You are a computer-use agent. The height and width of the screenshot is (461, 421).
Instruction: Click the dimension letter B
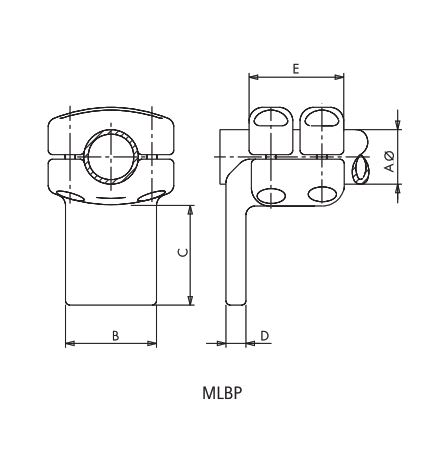[115, 335]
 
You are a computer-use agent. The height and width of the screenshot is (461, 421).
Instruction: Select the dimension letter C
[180, 254]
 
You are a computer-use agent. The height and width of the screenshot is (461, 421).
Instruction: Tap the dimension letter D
[263, 335]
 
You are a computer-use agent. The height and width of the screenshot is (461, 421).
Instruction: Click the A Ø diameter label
[389, 160]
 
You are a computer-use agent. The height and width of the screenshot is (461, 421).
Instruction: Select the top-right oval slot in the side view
[322, 120]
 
